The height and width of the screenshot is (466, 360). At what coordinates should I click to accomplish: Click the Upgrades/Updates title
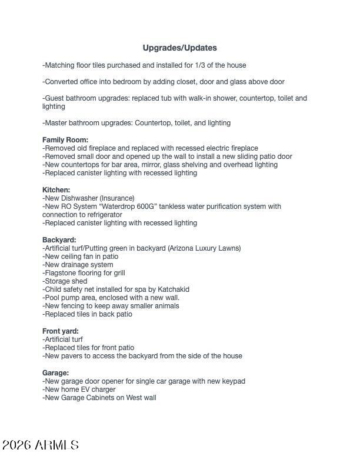click(x=179, y=48)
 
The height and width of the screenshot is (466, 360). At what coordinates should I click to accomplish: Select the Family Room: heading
click(x=65, y=140)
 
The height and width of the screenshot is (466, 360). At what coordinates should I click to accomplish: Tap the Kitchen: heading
click(x=56, y=190)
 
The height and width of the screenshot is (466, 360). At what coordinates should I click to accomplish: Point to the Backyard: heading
click(x=59, y=240)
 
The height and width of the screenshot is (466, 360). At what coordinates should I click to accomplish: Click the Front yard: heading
click(x=60, y=331)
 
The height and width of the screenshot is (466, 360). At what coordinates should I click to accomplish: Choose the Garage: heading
click(x=55, y=373)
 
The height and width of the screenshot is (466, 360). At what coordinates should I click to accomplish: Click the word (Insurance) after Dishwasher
click(x=116, y=198)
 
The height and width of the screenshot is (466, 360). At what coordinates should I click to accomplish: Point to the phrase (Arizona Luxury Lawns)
click(x=204, y=248)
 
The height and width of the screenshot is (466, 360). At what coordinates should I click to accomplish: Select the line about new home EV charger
click(x=79, y=390)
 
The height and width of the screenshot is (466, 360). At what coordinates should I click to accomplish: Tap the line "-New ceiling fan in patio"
click(x=80, y=257)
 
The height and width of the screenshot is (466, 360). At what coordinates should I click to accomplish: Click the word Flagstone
click(x=62, y=273)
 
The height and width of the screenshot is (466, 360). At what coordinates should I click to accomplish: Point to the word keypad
click(x=232, y=381)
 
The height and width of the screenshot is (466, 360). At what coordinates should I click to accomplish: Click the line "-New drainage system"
click(x=78, y=265)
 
